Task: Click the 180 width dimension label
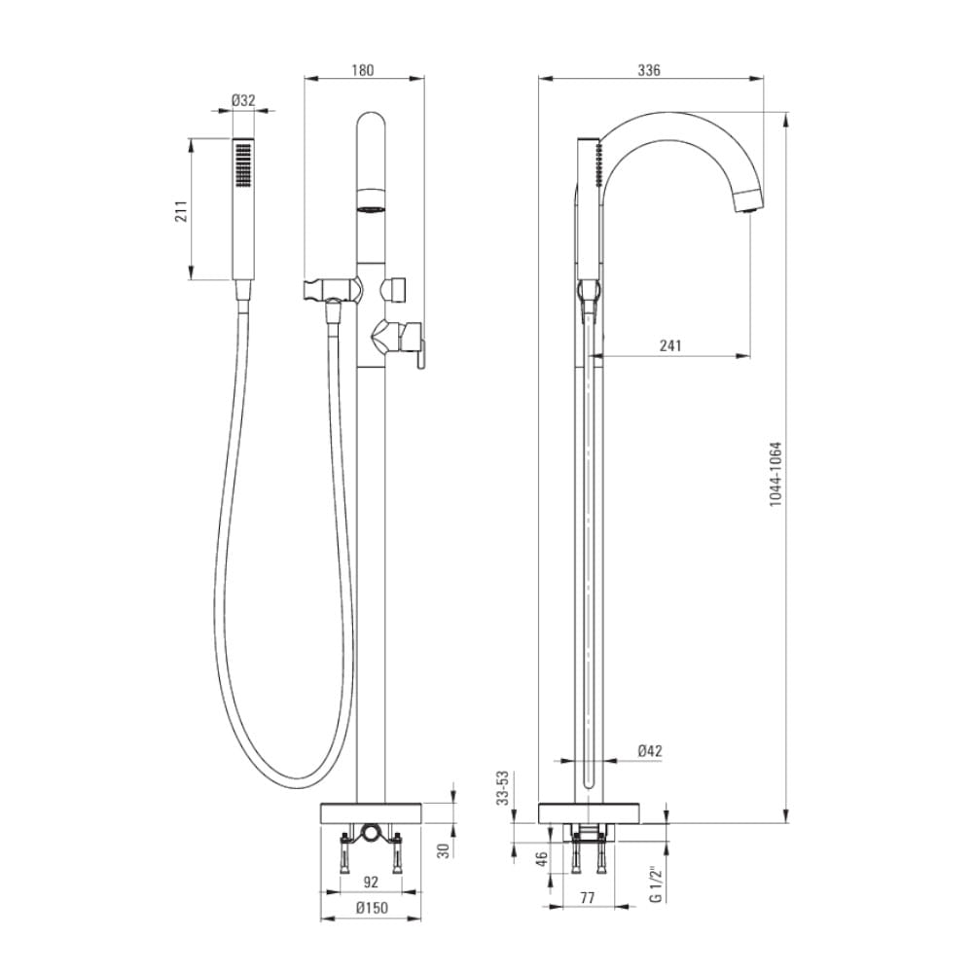point(362,69)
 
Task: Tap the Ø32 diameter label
point(243,100)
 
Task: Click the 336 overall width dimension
point(648,69)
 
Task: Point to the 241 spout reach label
point(670,345)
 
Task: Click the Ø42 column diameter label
point(650,751)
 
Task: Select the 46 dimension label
point(542,859)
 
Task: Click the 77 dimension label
point(587,897)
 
